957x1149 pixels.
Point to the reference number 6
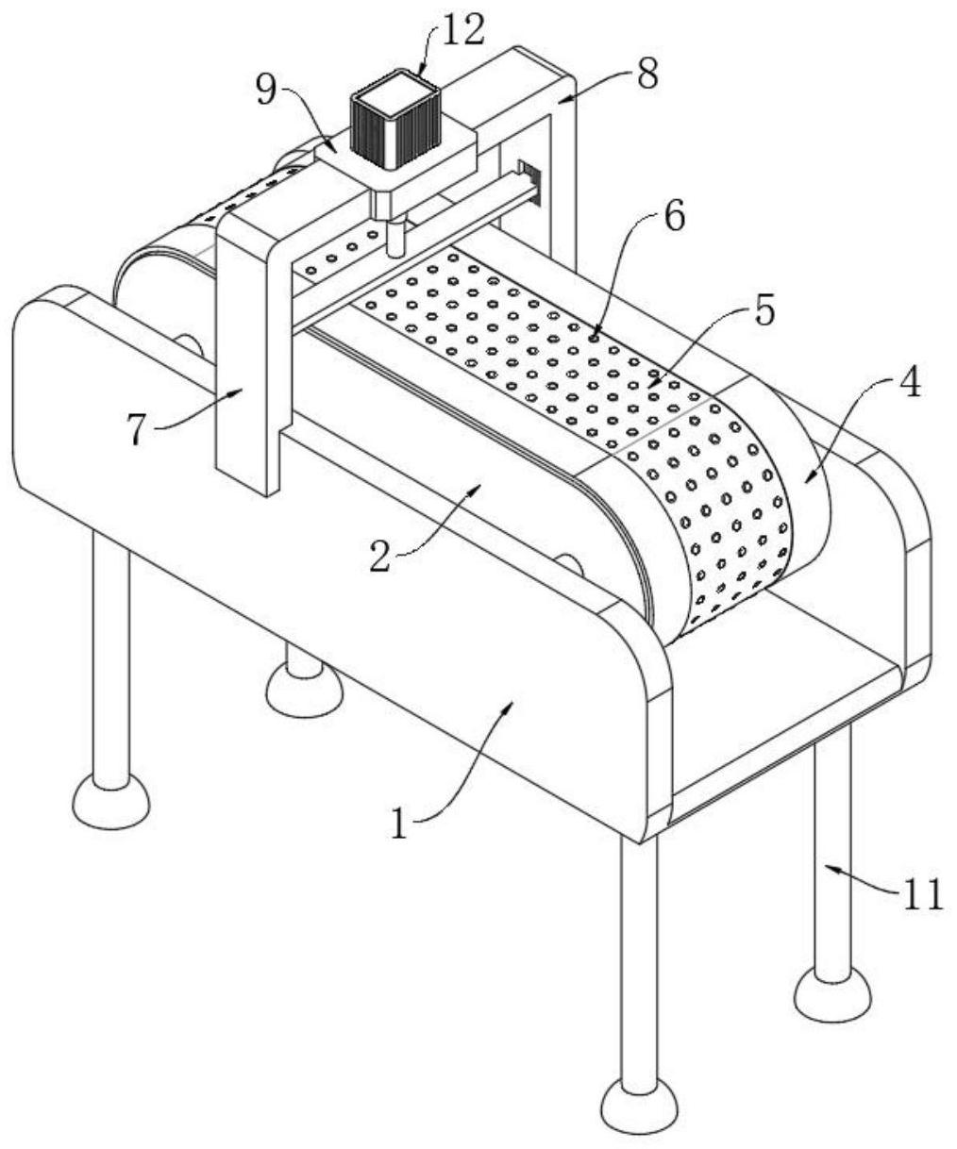[x=672, y=216]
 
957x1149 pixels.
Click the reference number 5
[x=762, y=310]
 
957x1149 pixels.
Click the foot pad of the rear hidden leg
[x=304, y=691]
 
